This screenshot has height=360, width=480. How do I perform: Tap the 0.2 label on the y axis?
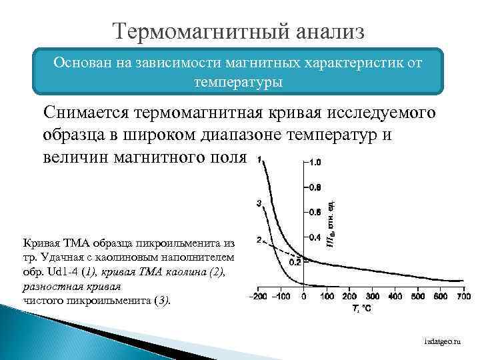click(x=295, y=262)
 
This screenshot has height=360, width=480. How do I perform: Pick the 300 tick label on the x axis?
click(x=373, y=296)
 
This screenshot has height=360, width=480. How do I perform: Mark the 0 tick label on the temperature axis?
click(x=304, y=296)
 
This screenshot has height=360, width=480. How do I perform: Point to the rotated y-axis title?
click(x=331, y=220)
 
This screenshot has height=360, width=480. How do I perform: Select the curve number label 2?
click(x=259, y=239)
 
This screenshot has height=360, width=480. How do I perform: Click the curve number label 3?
click(x=259, y=203)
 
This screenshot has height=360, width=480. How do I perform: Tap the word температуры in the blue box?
click(x=238, y=83)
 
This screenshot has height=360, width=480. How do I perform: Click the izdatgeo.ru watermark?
click(x=443, y=341)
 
